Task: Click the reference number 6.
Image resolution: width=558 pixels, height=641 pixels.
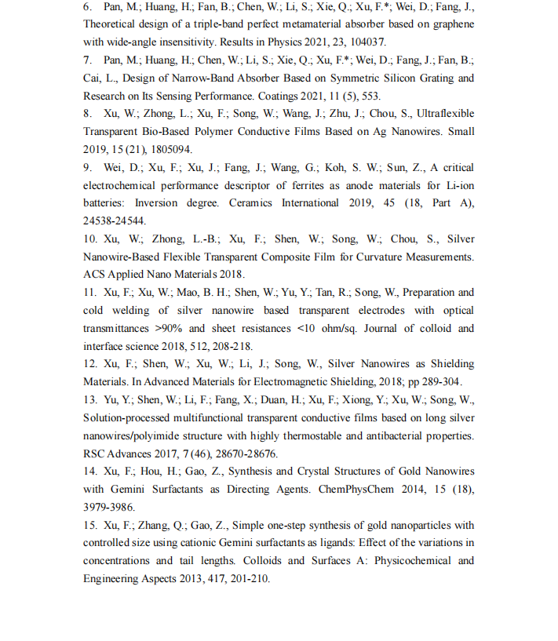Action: click(x=86, y=7)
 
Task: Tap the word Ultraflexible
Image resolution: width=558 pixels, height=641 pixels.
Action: click(x=441, y=114)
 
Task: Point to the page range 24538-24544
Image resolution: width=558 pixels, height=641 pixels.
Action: click(x=112, y=222)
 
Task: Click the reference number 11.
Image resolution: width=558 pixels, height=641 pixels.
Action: click(x=89, y=293)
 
